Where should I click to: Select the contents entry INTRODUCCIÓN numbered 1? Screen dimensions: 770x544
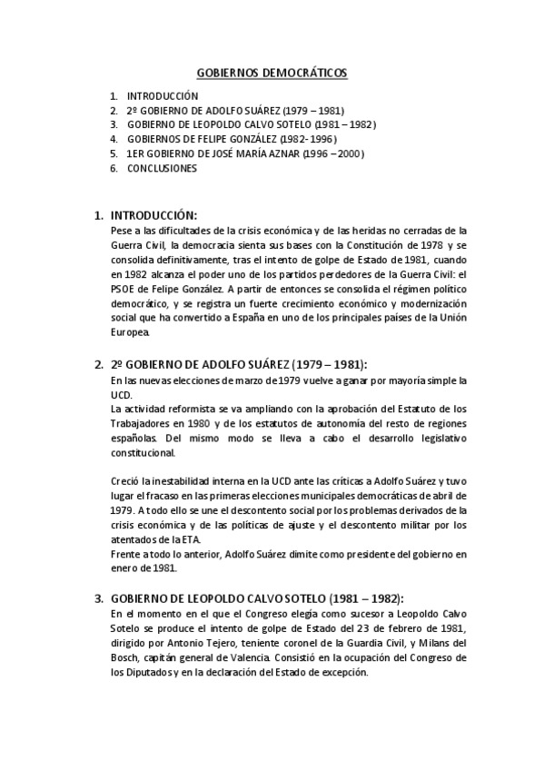click(163, 95)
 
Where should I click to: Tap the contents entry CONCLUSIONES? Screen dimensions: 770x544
click(162, 169)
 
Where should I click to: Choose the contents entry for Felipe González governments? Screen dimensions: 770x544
click(233, 140)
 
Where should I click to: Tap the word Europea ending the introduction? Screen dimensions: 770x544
click(130, 333)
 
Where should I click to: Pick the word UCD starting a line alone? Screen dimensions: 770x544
click(121, 394)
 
